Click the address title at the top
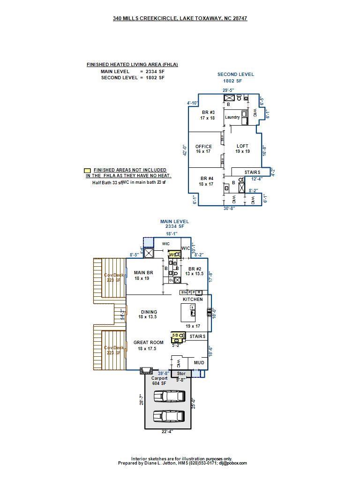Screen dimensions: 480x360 coord(180,18)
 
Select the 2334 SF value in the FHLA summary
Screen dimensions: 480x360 coord(155,72)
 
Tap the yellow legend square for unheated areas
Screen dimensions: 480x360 coord(87,171)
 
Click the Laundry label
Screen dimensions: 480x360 coord(232,117)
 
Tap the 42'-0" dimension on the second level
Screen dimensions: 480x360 coord(185,150)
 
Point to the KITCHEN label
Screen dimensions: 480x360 coord(193,299)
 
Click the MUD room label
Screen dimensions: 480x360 coord(199,362)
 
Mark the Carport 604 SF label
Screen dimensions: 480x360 coord(159,381)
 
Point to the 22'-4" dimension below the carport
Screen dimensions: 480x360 coord(167,432)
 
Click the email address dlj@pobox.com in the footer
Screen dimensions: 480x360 coord(232,463)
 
